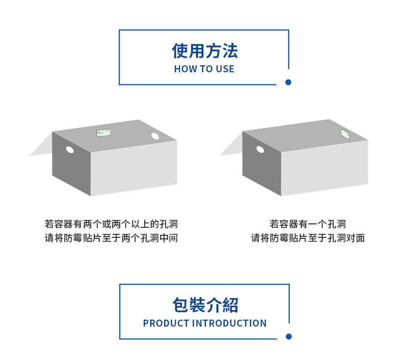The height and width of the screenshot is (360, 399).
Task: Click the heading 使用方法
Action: [204, 51]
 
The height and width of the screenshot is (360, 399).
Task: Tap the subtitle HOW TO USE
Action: [204, 69]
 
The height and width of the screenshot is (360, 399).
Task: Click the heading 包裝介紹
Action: [204, 305]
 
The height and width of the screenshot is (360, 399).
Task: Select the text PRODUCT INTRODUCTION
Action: [204, 323]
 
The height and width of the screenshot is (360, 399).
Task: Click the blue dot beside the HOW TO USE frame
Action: [288, 82]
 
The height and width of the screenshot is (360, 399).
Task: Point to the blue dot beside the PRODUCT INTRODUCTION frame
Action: [288, 337]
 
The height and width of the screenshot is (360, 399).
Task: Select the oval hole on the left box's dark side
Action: [70, 150]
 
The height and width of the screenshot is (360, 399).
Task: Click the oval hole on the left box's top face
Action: [155, 136]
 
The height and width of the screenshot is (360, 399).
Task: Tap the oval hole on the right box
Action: [260, 149]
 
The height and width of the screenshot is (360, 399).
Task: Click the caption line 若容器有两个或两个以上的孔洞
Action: [111, 224]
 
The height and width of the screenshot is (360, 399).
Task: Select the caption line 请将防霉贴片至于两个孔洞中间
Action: [111, 238]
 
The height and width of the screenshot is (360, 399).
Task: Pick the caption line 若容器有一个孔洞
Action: [308, 224]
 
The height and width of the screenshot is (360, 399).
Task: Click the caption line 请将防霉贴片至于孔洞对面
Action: [308, 238]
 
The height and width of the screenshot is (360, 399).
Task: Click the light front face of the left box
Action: [134, 167]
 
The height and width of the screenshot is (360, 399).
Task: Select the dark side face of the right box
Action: [261, 165]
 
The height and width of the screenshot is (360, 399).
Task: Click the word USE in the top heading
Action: [224, 69]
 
